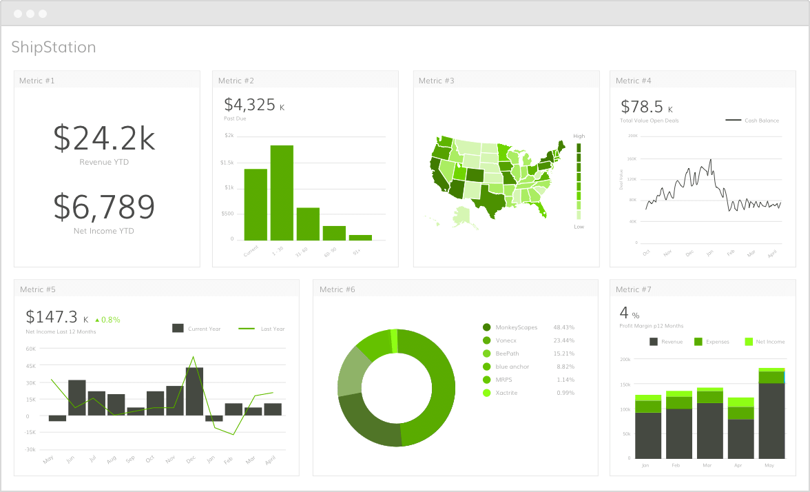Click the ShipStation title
tap(54, 47)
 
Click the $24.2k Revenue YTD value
tap(104, 139)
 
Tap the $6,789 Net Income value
tap(104, 207)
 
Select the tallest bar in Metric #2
tap(282, 192)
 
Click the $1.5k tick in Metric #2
tap(228, 163)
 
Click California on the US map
tap(438, 175)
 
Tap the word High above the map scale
tap(579, 136)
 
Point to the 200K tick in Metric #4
tap(632, 136)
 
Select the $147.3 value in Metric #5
tap(52, 317)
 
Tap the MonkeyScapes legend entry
tap(516, 327)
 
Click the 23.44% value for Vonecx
tap(563, 340)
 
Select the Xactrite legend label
tap(506, 393)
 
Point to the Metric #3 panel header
tap(437, 81)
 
